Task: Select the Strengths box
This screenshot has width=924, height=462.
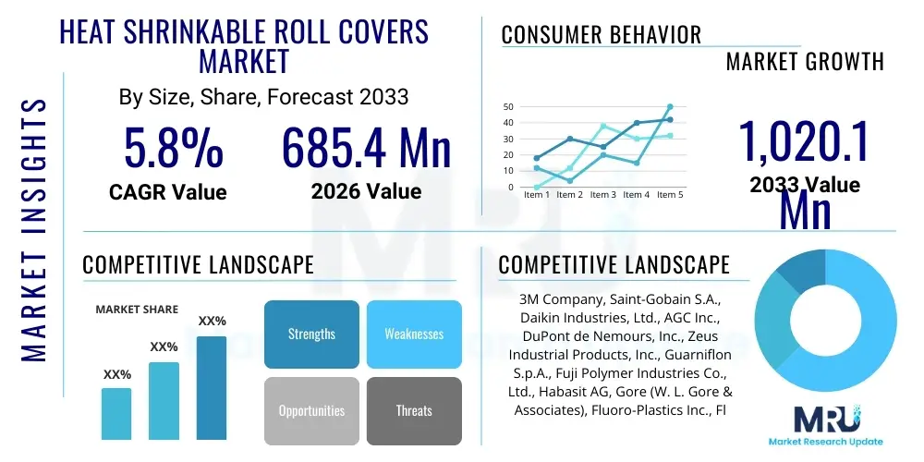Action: pos(311,334)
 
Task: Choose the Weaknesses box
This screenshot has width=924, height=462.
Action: pos(414,334)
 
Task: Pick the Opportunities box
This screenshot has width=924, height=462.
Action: pos(311,410)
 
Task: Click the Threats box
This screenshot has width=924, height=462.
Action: pos(414,410)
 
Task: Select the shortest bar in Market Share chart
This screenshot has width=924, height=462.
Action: pos(116,413)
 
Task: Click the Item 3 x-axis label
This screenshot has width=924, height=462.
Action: pos(602,195)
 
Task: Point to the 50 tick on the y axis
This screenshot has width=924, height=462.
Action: pos(508,107)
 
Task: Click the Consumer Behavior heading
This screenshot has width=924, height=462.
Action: pos(602,35)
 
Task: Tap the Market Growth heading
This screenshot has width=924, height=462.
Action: pos(805,62)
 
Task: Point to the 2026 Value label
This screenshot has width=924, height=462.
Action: pos(366,191)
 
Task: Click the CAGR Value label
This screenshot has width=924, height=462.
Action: pos(167,191)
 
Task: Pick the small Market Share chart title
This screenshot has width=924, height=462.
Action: pos(137,310)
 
